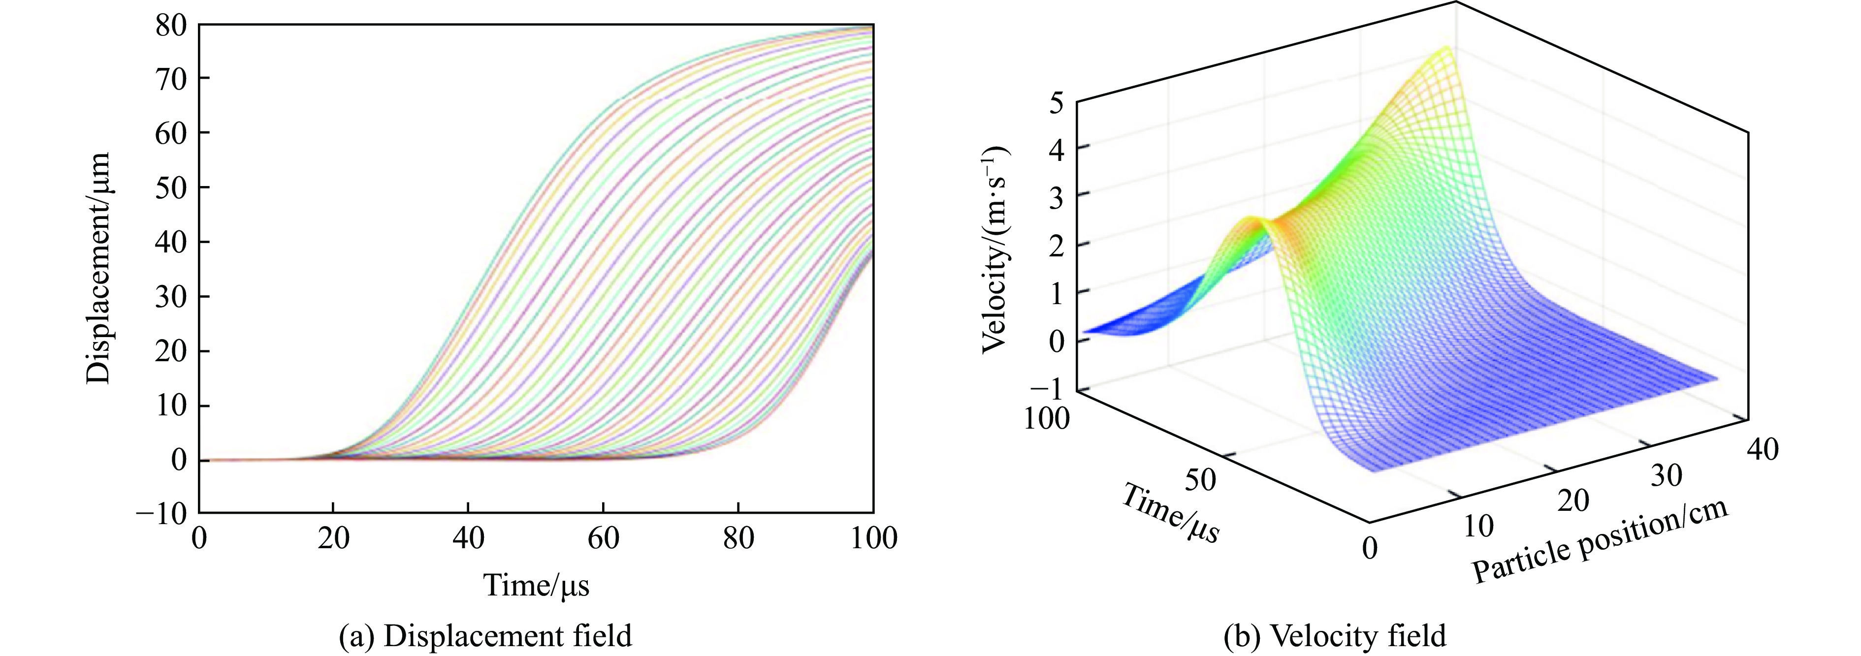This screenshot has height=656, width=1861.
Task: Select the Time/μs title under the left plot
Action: click(x=536, y=585)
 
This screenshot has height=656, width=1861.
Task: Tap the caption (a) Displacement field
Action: click(x=485, y=636)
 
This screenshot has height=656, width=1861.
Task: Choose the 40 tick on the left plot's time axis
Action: click(x=468, y=538)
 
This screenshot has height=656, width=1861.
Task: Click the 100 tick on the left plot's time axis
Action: click(x=873, y=538)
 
